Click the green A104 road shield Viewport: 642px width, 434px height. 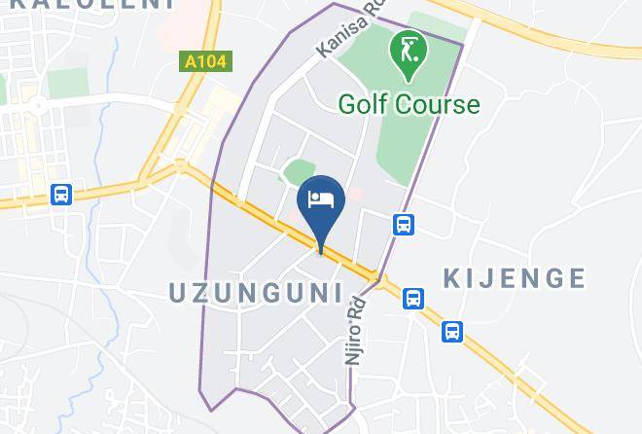(x=205, y=62)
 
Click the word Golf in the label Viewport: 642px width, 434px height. (x=360, y=104)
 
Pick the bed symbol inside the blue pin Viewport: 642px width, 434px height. (x=321, y=199)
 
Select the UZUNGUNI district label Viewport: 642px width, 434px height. (x=257, y=292)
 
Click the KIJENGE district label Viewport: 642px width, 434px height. (x=515, y=279)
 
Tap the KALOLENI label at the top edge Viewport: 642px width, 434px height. (x=88, y=4)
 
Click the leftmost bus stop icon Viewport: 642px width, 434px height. (x=62, y=195)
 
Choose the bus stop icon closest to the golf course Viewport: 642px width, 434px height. (x=405, y=225)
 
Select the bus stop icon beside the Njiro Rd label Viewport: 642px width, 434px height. (x=413, y=298)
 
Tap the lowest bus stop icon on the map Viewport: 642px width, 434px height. (x=452, y=332)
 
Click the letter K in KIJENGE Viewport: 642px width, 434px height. (x=453, y=279)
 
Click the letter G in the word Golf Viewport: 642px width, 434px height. (x=347, y=104)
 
